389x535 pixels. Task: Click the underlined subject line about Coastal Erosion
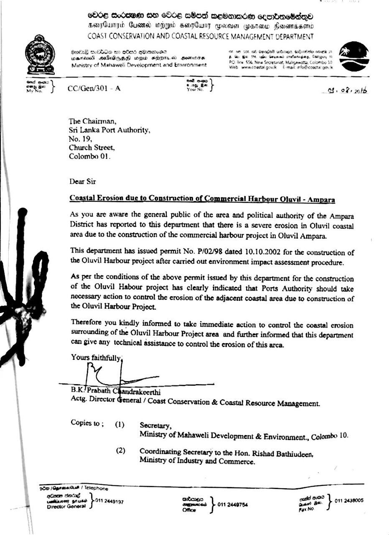pos(202,199)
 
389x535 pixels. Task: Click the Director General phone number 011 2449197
pos(109,501)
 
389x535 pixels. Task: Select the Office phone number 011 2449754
pos(233,504)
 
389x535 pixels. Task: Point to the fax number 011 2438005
pos(349,500)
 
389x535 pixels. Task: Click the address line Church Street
pos(92,148)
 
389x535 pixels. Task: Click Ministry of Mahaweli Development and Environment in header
pos(139,65)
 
